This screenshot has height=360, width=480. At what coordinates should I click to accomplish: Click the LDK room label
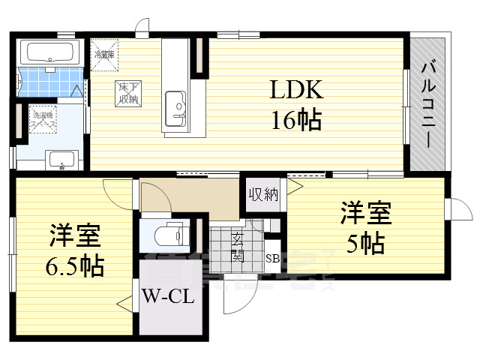[295, 91]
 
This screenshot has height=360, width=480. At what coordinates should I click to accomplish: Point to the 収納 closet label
[263, 195]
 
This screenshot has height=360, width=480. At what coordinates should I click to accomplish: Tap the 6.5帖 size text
[73, 264]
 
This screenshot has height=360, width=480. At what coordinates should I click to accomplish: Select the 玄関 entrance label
[237, 246]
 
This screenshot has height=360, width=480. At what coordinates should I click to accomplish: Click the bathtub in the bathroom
[49, 53]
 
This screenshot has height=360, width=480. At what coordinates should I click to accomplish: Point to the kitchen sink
[175, 104]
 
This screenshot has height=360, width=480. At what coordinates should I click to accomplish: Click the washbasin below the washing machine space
[61, 159]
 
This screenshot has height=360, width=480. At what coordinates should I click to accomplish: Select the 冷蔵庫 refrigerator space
[103, 52]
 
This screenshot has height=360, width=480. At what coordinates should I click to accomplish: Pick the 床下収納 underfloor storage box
[125, 92]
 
